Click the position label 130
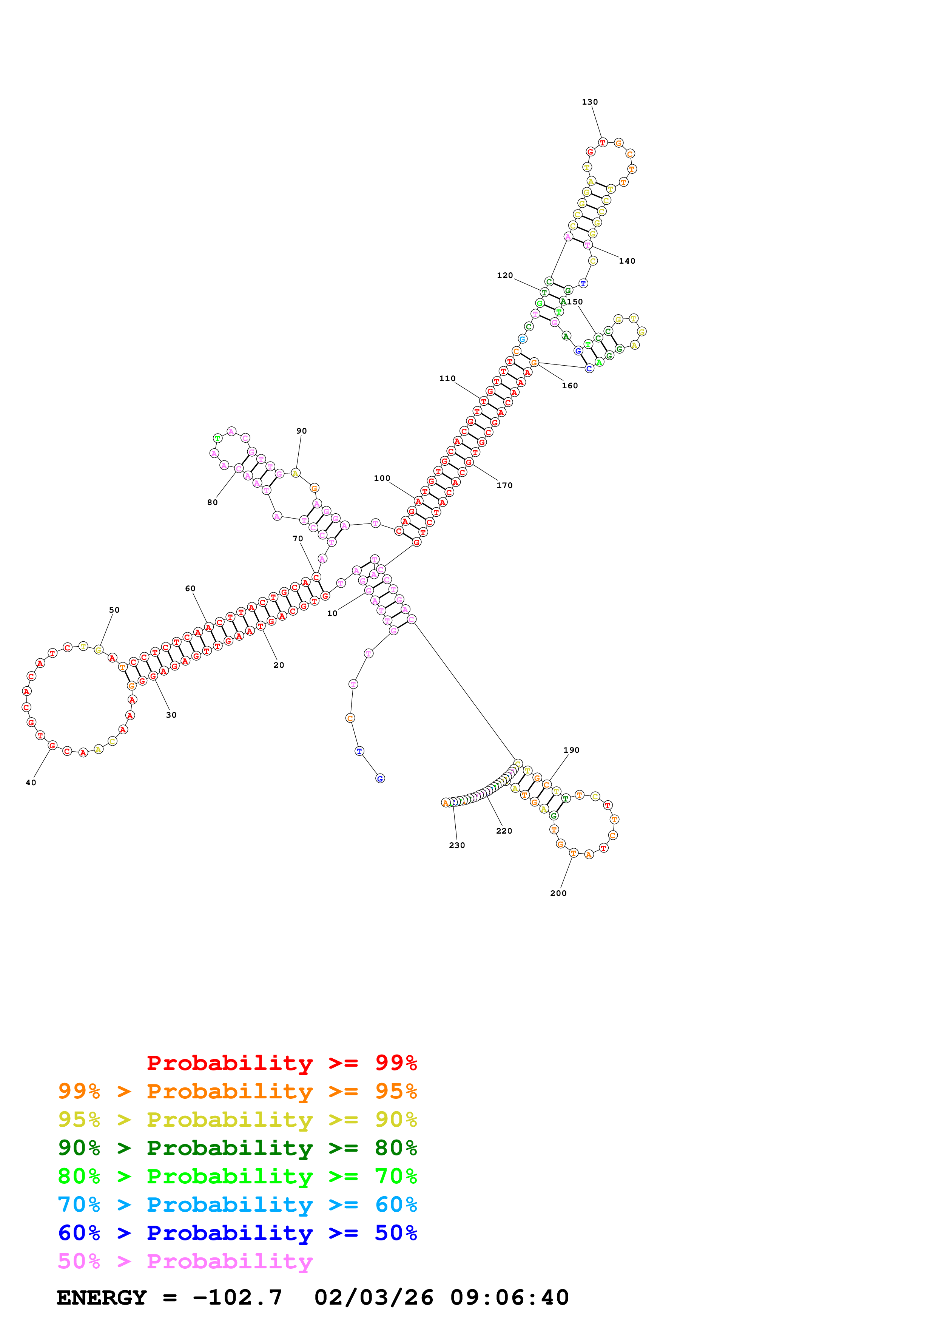click(x=589, y=102)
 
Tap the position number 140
click(x=627, y=261)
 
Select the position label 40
click(x=31, y=783)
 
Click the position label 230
click(x=457, y=845)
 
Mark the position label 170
click(x=504, y=485)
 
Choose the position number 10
click(x=332, y=613)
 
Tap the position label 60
click(x=190, y=588)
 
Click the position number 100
click(x=382, y=479)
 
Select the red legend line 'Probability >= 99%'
click(x=281, y=1063)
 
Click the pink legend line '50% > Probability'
click(x=185, y=1262)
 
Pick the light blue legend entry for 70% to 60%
click(x=237, y=1205)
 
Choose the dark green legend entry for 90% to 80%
click(x=237, y=1148)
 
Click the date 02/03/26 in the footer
click(x=374, y=1298)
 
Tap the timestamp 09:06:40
click(x=509, y=1298)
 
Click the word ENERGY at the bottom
click(x=102, y=1298)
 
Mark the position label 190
click(x=571, y=750)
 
